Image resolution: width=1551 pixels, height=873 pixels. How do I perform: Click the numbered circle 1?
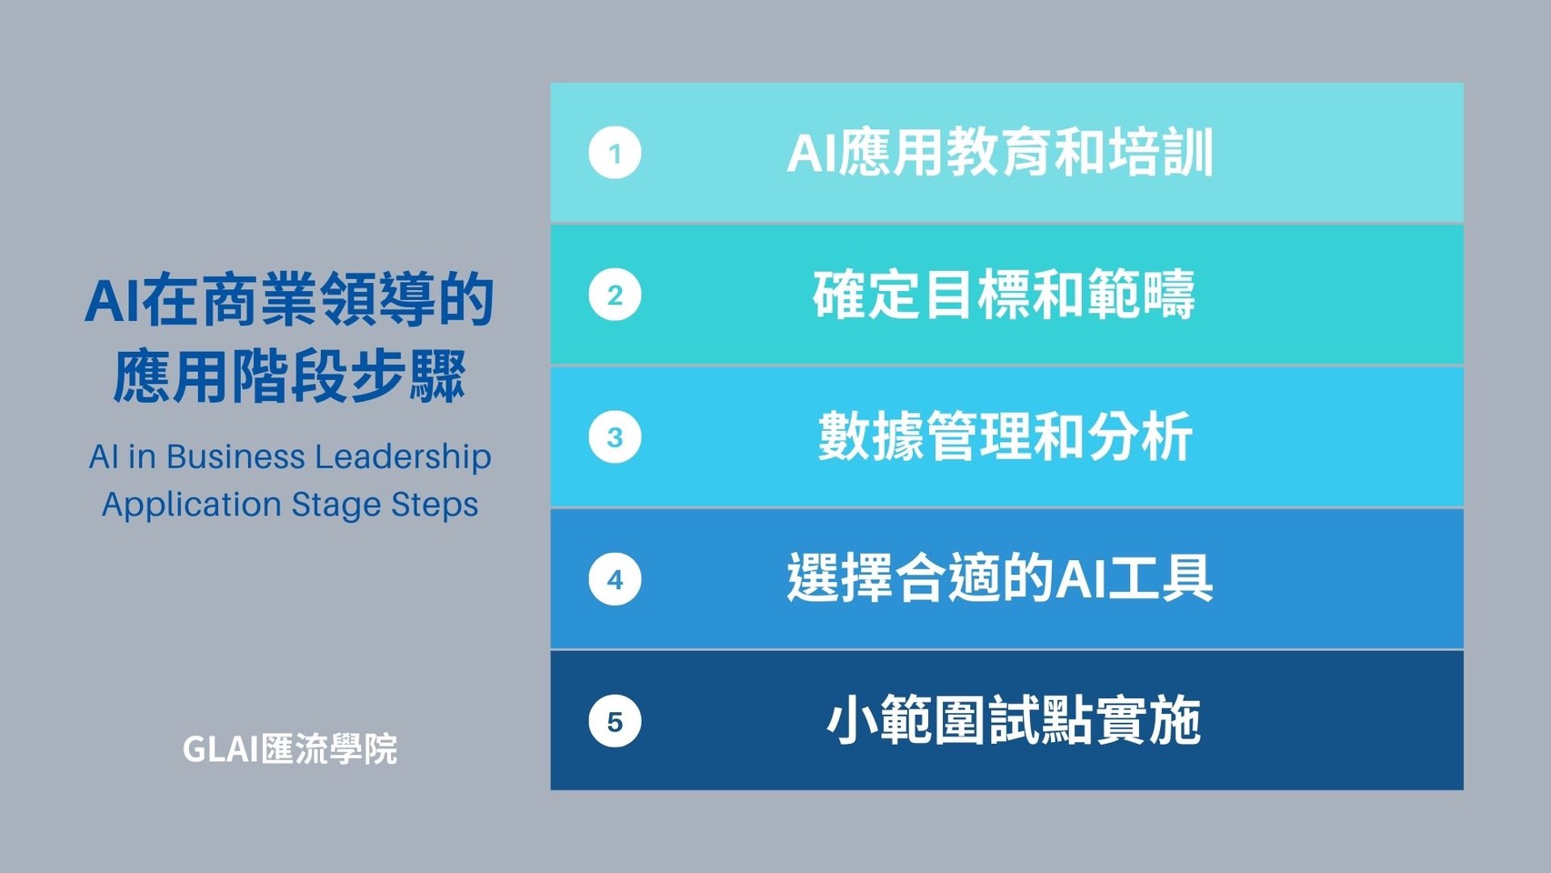click(x=615, y=153)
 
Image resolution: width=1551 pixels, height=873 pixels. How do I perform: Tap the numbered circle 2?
click(x=615, y=295)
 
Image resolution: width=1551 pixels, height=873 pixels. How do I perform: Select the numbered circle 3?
click(x=615, y=436)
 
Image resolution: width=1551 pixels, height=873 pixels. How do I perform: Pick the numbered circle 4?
click(x=615, y=579)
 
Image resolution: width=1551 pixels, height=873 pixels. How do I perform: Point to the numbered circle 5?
click(x=615, y=721)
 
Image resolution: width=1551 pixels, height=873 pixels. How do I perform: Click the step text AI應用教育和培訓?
click(x=1000, y=153)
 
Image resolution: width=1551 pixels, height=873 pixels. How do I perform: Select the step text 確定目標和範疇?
click(x=1004, y=295)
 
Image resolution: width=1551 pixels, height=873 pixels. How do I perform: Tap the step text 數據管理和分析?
click(x=1005, y=436)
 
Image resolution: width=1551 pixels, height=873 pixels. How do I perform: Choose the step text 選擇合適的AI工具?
click(x=1000, y=578)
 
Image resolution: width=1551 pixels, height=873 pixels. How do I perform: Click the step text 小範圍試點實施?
click(x=1014, y=721)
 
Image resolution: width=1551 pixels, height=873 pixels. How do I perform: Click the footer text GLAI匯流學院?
click(x=290, y=749)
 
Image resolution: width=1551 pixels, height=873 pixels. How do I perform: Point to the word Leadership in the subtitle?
click(x=403, y=458)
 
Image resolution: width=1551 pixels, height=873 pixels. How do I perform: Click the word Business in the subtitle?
click(x=235, y=457)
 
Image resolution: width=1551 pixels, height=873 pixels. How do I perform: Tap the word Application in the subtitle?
click(x=191, y=506)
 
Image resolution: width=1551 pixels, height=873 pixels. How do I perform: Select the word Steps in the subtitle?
click(x=435, y=506)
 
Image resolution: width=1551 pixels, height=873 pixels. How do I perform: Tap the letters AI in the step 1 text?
click(x=812, y=153)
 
